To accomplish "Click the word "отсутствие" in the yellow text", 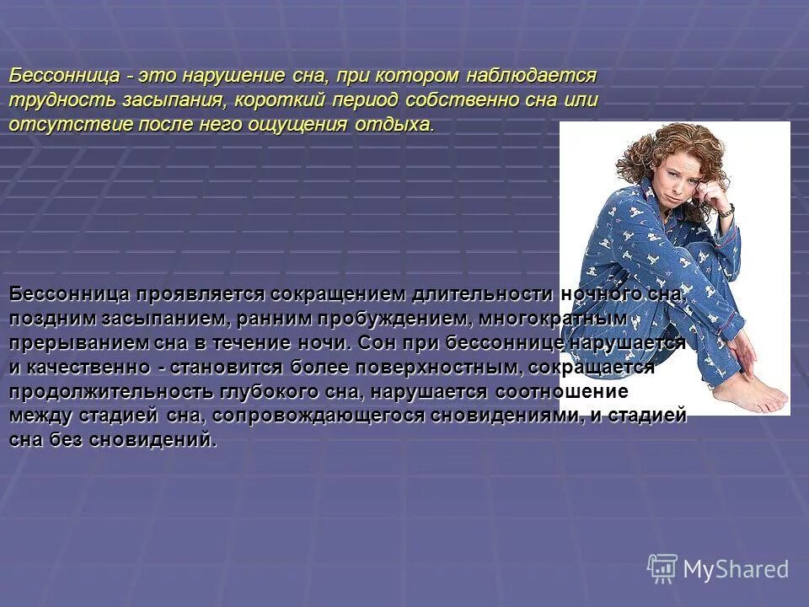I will tap(60, 125).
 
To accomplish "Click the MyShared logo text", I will tap(736, 569).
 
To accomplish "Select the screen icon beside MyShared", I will tap(662, 568).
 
